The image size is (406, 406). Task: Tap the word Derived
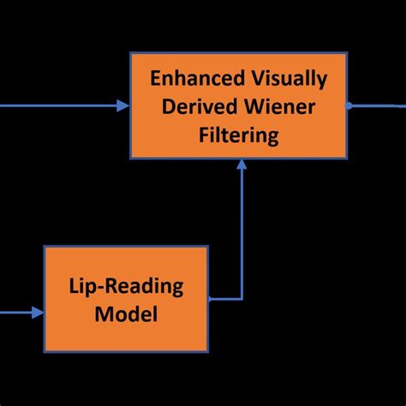188,106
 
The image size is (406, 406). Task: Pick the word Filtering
238,134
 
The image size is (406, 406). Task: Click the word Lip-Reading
125,286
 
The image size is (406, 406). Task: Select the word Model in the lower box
126,313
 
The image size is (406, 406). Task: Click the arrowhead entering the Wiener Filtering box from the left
122,105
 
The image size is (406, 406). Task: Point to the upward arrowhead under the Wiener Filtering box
242,166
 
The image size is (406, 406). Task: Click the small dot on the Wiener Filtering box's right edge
349,105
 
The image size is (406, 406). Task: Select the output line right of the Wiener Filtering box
377,105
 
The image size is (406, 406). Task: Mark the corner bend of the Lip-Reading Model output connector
242,299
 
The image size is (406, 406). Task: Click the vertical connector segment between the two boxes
242,231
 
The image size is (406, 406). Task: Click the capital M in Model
103,313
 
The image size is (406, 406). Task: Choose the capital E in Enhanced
156,79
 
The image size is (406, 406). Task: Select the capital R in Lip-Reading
119,286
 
